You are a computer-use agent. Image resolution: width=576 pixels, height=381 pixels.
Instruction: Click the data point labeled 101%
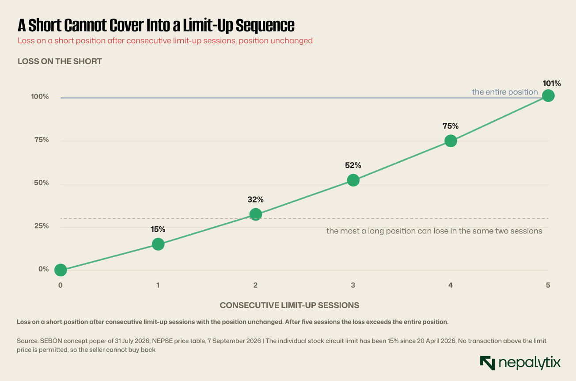[548, 96]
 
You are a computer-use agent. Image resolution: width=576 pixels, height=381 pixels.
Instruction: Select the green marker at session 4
[451, 141]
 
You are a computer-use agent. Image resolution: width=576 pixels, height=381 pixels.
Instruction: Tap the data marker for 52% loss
[353, 180]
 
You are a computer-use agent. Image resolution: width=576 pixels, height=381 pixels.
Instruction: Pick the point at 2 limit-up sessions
[256, 214]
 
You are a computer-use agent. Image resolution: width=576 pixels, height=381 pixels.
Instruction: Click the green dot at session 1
[158, 244]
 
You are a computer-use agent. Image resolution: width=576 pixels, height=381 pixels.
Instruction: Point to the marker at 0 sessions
[61, 270]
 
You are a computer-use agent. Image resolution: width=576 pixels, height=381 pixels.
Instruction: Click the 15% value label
[158, 229]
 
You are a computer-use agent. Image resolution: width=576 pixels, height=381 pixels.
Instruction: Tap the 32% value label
[255, 199]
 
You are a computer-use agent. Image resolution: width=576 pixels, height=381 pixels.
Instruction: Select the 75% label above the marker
[450, 126]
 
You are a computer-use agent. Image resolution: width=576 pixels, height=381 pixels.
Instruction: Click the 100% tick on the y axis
[40, 96]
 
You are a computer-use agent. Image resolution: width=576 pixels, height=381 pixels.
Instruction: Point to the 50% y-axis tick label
[42, 183]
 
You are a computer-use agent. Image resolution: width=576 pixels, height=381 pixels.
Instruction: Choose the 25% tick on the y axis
[42, 225]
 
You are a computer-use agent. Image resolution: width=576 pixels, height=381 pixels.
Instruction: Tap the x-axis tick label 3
[353, 285]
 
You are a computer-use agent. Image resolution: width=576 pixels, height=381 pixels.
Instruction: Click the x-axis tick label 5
[548, 285]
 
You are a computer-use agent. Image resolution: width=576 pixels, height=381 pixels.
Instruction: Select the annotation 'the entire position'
[505, 92]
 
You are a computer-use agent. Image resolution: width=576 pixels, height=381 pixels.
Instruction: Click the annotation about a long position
[434, 231]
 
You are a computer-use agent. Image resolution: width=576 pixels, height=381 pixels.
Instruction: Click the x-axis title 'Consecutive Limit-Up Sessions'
[289, 305]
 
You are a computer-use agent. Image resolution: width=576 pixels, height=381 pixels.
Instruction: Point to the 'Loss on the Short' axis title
[60, 61]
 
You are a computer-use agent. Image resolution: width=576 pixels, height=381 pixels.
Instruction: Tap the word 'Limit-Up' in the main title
[208, 25]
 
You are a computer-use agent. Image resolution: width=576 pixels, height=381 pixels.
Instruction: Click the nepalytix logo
[520, 363]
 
